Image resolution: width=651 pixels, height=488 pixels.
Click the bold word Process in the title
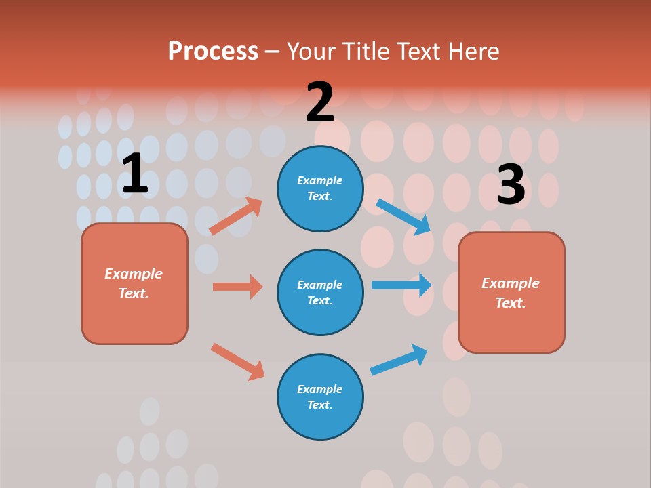pos(213,51)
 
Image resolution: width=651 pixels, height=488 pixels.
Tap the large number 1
pos(135,174)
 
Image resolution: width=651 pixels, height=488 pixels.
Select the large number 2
pos(320,103)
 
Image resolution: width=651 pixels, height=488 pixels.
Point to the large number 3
pos(511,185)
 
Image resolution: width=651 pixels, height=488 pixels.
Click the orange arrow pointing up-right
pos(235,216)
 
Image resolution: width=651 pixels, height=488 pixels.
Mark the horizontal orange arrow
pos(237,287)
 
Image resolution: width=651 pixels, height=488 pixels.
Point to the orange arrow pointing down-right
pos(237,361)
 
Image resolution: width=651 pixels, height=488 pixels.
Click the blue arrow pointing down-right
pos(403,216)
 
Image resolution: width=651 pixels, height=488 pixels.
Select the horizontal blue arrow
pos(401,285)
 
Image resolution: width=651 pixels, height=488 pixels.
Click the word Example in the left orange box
pos(134,274)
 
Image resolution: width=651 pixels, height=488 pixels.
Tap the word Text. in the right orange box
pos(511,303)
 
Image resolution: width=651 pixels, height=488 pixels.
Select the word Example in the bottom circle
pos(320,389)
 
